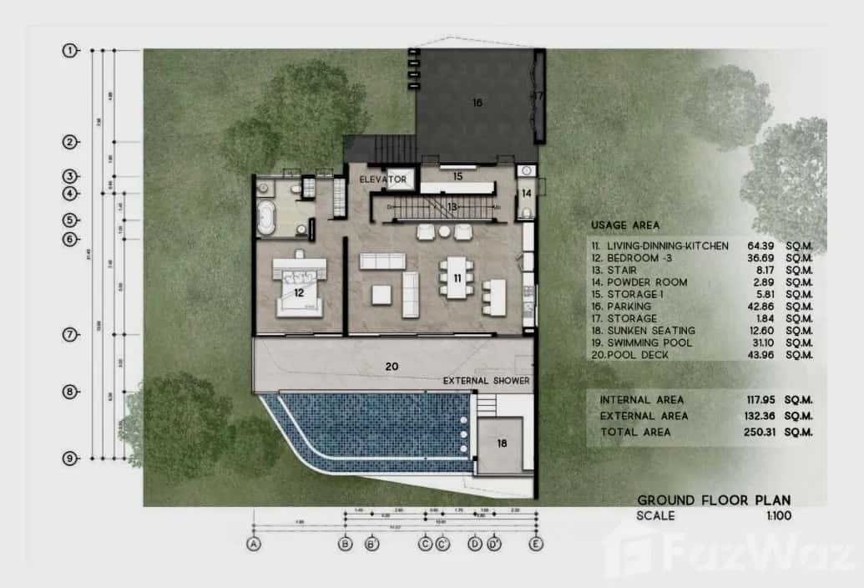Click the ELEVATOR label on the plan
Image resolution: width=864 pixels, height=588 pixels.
coord(383,180)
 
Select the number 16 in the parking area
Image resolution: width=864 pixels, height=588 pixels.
coord(477,103)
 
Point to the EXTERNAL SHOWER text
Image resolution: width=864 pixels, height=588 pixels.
coord(488,382)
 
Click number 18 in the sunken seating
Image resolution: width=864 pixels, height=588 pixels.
coord(503,444)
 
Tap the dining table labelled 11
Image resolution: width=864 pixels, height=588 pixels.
coord(457,278)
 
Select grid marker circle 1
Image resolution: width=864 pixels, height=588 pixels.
coord(70,51)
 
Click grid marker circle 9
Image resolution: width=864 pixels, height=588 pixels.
coord(70,458)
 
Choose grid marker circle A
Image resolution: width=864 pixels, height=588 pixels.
coord(253,544)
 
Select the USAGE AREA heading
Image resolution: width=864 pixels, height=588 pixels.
coord(624,226)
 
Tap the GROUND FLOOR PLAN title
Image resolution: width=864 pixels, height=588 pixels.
coord(713,500)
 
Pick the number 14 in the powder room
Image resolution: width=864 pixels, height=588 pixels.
coord(527,193)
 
